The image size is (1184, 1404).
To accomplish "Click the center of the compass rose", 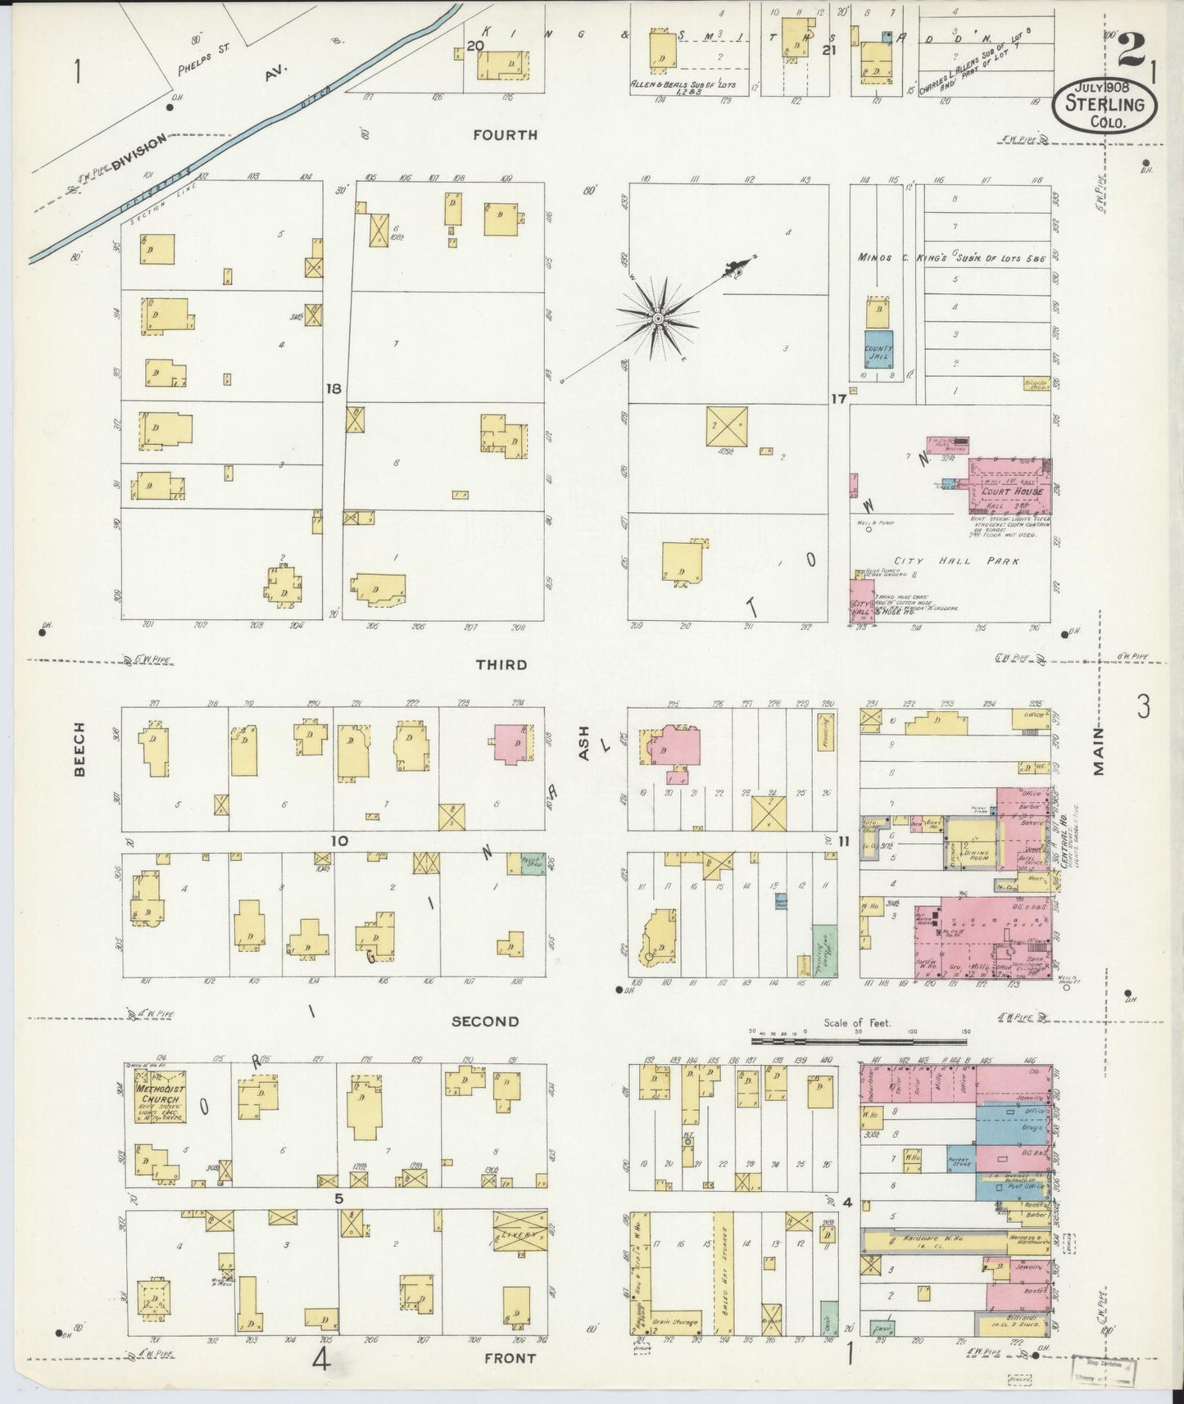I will pos(658,317).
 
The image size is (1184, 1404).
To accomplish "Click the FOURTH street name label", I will pos(505,135).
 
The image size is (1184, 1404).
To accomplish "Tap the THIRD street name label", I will pos(501,664).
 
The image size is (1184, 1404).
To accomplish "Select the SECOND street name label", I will pos(486,1021).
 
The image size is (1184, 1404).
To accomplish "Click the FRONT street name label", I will pos(509,1357).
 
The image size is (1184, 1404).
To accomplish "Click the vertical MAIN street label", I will pos(1098,750).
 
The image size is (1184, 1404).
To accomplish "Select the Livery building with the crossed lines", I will pos(519,1235).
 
